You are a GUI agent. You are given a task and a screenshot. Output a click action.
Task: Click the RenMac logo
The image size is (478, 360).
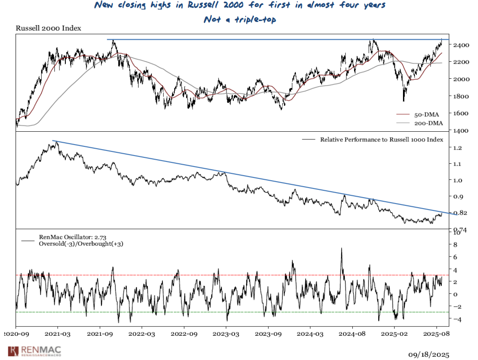coord(34,351)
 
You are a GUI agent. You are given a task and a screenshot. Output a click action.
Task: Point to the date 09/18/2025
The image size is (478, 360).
coord(428,355)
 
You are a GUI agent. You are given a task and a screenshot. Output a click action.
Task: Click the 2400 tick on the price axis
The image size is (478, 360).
coord(458,45)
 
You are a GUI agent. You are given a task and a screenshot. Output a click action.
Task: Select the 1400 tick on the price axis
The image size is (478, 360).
coord(458,131)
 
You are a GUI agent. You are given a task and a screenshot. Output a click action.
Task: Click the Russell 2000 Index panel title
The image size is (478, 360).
coord(48,28)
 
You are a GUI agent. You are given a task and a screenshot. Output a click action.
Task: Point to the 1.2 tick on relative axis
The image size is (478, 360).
coord(456,148)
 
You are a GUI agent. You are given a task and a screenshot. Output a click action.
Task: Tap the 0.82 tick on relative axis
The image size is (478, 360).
coord(459,213)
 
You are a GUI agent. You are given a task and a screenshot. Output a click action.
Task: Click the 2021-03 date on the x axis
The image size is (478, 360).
coord(58,334)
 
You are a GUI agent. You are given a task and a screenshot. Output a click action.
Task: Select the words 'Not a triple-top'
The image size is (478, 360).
coord(240,20)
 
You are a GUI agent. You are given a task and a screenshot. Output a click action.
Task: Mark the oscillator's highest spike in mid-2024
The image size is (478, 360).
coord(341,248)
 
